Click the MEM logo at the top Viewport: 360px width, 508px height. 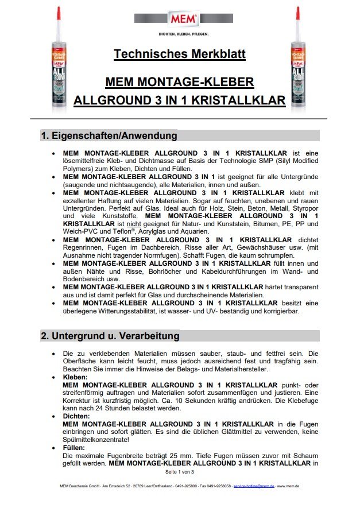[x=183, y=19]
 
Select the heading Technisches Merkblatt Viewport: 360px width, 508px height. [x=180, y=55]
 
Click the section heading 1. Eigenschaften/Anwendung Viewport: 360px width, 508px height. [x=109, y=136]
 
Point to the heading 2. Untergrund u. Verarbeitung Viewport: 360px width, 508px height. [x=110, y=336]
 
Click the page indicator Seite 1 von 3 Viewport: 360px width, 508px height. [x=180, y=472]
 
